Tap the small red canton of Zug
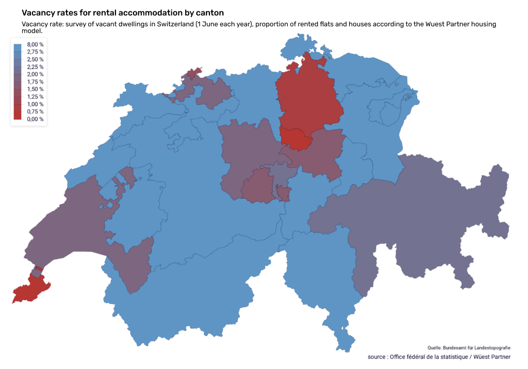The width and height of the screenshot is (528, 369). [296, 138]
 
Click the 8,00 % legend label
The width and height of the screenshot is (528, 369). [35, 45]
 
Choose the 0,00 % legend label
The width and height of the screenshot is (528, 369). [35, 119]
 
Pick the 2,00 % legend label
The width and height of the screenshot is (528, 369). [35, 74]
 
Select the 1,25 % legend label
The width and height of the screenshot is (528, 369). [35, 97]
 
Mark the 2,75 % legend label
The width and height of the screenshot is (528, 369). [35, 52]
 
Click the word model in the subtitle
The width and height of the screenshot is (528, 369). [31, 31]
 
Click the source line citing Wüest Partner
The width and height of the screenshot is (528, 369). [439, 357]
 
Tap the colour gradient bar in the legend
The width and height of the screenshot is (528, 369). [18, 82]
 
